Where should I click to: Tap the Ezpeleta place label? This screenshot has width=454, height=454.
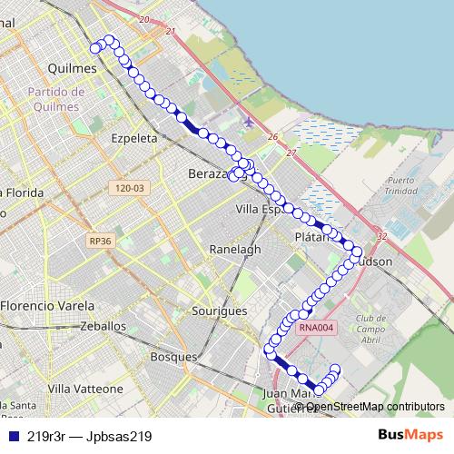coord(133,139)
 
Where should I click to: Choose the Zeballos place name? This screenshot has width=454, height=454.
coord(103,325)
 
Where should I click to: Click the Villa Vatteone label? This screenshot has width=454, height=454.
coord(86,389)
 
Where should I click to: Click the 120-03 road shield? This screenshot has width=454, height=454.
coord(131,188)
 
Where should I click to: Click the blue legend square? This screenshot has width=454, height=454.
coord(13,436)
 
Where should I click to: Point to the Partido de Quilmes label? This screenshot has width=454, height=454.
coord(56,98)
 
